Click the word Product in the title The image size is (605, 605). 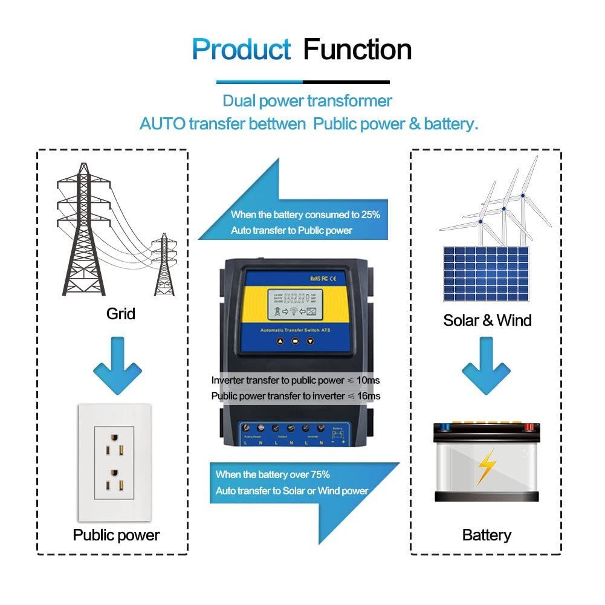[241, 49]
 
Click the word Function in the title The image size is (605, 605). [357, 49]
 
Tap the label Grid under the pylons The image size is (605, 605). [120, 314]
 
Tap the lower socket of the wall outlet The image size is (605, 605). [114, 484]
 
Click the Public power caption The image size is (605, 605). [116, 535]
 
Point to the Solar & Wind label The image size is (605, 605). [487, 320]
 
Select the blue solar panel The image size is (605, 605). [486, 273]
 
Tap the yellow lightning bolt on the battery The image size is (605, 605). [486, 466]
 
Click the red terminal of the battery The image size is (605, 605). [529, 427]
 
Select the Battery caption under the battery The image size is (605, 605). [487, 535]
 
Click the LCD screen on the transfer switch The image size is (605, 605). [294, 304]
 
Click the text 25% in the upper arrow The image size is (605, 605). [369, 215]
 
